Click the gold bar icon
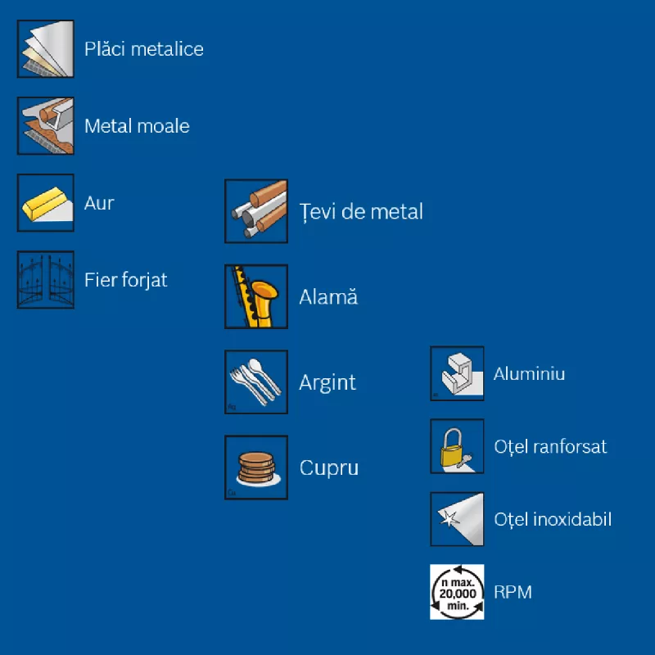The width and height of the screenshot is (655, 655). [x=46, y=202]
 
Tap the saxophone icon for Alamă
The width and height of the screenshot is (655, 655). [x=256, y=296]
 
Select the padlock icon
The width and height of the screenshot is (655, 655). [x=457, y=446]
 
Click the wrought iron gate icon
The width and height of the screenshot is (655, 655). [x=46, y=280]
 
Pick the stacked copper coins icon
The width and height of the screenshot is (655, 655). [x=256, y=468]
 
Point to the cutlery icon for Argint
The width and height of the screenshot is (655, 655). [x=256, y=382]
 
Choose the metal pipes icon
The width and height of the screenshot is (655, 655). [x=256, y=211]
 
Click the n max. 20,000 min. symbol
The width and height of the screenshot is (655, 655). [x=457, y=592]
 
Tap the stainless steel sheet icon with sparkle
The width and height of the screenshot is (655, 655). [x=457, y=519]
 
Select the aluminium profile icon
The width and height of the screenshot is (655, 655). [x=457, y=373]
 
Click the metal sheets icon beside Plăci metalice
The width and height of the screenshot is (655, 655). [x=46, y=49]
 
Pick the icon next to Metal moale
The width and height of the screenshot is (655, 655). [x=46, y=126]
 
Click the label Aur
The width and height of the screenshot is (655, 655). [x=99, y=203]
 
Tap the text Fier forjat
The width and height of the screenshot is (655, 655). [x=126, y=280]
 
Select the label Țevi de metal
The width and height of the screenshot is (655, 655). [x=361, y=211]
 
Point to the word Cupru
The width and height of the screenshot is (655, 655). [x=329, y=468]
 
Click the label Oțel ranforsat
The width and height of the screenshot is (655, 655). [x=550, y=446]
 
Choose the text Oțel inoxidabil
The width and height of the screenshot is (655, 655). [x=553, y=519]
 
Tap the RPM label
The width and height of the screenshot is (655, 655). [x=513, y=592]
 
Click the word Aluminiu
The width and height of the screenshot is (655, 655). [x=529, y=373]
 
